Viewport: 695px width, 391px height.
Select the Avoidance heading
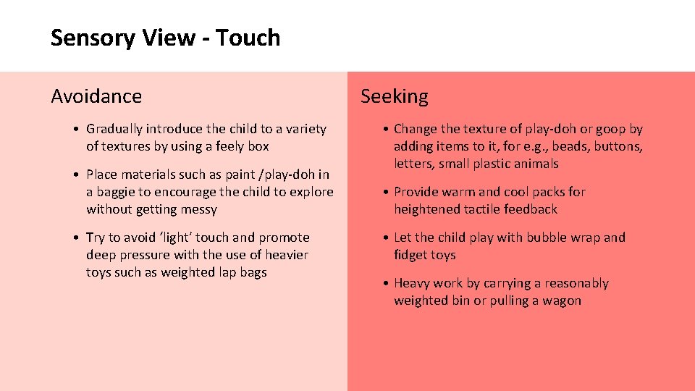click(x=96, y=96)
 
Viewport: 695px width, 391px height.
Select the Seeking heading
click(x=395, y=96)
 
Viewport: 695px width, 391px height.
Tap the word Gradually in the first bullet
click(x=114, y=129)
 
